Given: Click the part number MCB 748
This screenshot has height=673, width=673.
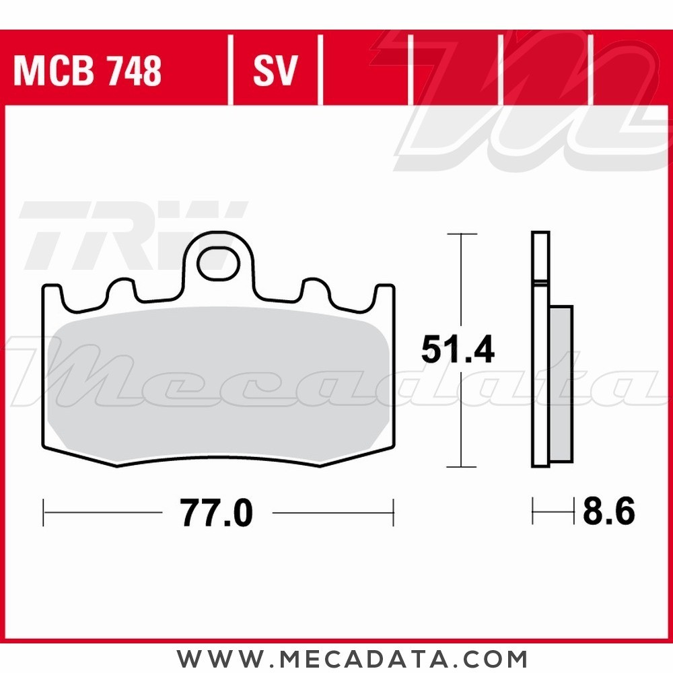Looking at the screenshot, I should [x=87, y=71].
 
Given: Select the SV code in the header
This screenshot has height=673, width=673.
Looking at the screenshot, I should [x=275, y=71].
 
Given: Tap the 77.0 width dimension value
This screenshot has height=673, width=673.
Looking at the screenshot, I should [x=217, y=514].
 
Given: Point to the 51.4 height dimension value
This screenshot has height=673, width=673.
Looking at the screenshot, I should [x=458, y=350].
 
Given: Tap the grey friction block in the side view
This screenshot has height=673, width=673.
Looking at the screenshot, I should [x=561, y=384].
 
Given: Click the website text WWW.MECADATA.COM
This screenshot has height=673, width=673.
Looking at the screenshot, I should [x=352, y=657].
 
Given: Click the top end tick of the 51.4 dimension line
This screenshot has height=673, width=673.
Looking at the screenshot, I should [x=462, y=234].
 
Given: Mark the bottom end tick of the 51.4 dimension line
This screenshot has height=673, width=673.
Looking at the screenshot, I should [x=462, y=466].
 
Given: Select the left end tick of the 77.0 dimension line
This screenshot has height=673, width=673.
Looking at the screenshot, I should [x=44, y=513].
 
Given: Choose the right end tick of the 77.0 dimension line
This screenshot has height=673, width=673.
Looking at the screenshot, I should [x=393, y=513].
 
